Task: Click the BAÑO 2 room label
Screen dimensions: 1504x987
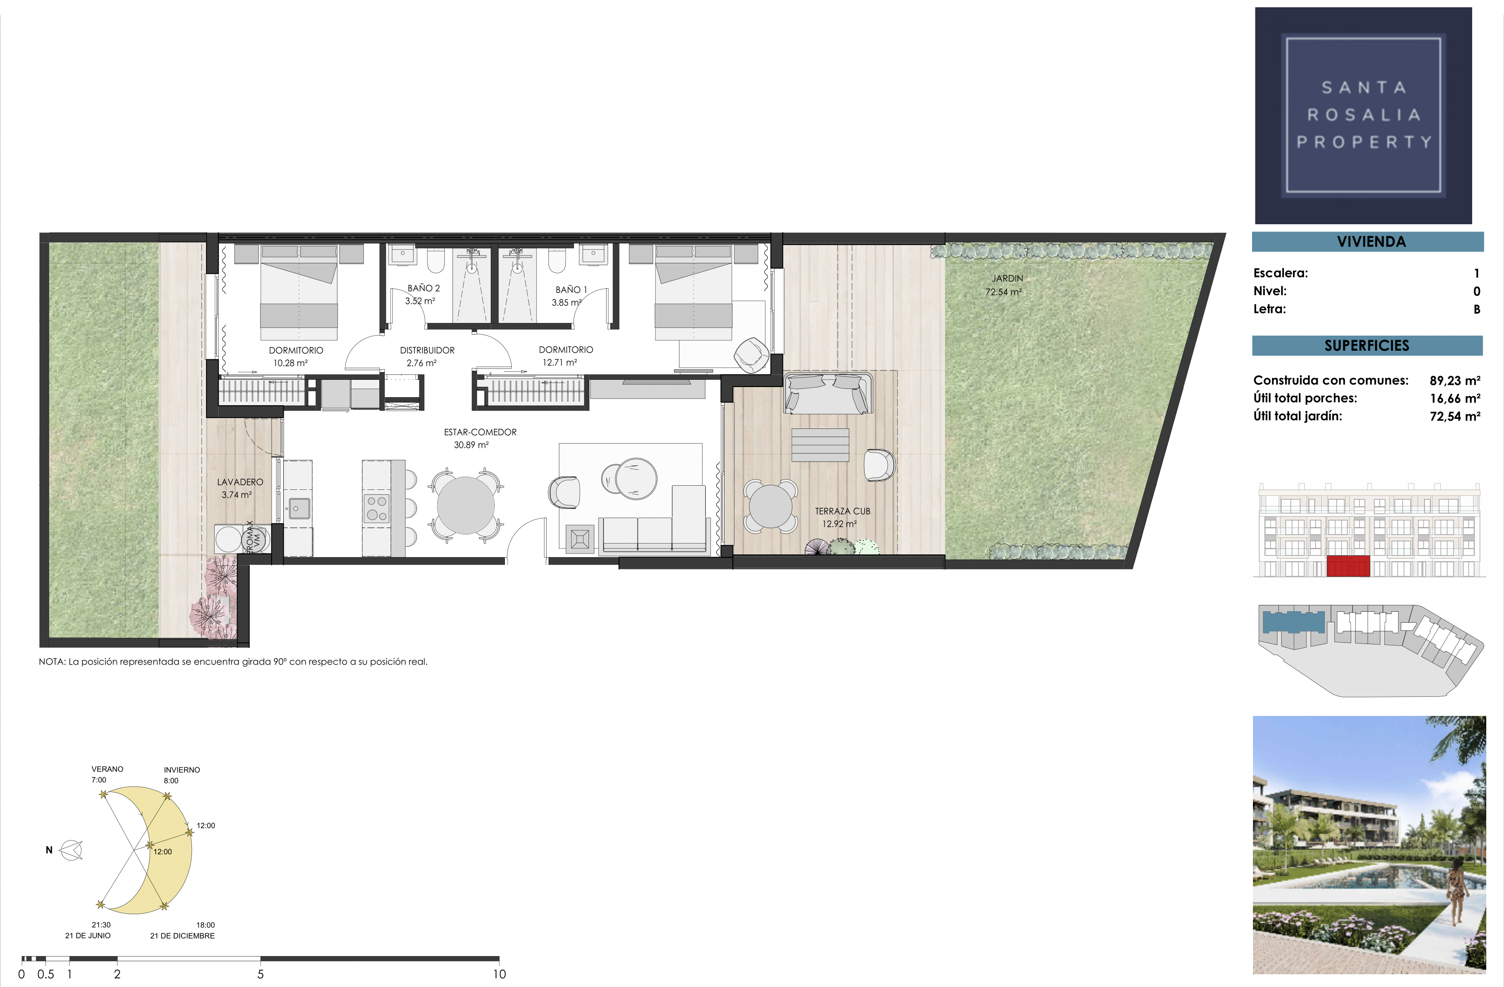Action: coord(423,288)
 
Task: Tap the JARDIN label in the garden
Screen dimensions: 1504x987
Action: coord(1007,278)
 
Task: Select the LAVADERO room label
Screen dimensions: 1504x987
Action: coord(240,482)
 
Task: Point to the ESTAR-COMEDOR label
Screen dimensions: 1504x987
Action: coord(480,432)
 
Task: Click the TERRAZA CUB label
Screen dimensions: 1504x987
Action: coord(842,511)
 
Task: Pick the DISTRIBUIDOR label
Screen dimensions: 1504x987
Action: coord(427,350)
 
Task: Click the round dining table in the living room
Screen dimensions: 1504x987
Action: coord(466,505)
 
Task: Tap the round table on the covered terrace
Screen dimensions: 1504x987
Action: coord(769,506)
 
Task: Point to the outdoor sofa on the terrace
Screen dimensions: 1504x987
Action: coord(828,393)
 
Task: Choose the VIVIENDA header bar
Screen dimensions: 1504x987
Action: coord(1368,242)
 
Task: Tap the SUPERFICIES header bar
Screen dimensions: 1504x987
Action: coord(1368,346)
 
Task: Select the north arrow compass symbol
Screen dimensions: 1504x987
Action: coord(71,851)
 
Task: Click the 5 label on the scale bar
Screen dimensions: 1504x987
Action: coord(260,974)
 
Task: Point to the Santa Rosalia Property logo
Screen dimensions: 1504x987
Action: coord(1363,116)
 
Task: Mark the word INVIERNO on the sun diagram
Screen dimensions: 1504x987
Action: coord(182,770)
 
